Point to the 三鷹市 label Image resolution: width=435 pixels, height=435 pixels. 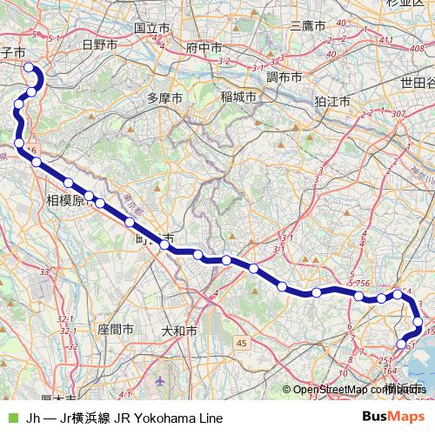click(x=307, y=26)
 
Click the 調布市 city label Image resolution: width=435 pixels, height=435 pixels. click(x=284, y=77)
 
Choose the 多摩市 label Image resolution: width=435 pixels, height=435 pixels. click(x=164, y=97)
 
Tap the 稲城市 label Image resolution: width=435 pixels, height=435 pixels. click(x=238, y=97)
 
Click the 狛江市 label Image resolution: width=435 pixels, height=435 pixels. click(x=332, y=101)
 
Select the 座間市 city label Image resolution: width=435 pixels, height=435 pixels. click(x=116, y=330)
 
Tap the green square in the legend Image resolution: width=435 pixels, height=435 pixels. click(x=11, y=418)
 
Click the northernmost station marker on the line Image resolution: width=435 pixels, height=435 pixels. click(x=29, y=68)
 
